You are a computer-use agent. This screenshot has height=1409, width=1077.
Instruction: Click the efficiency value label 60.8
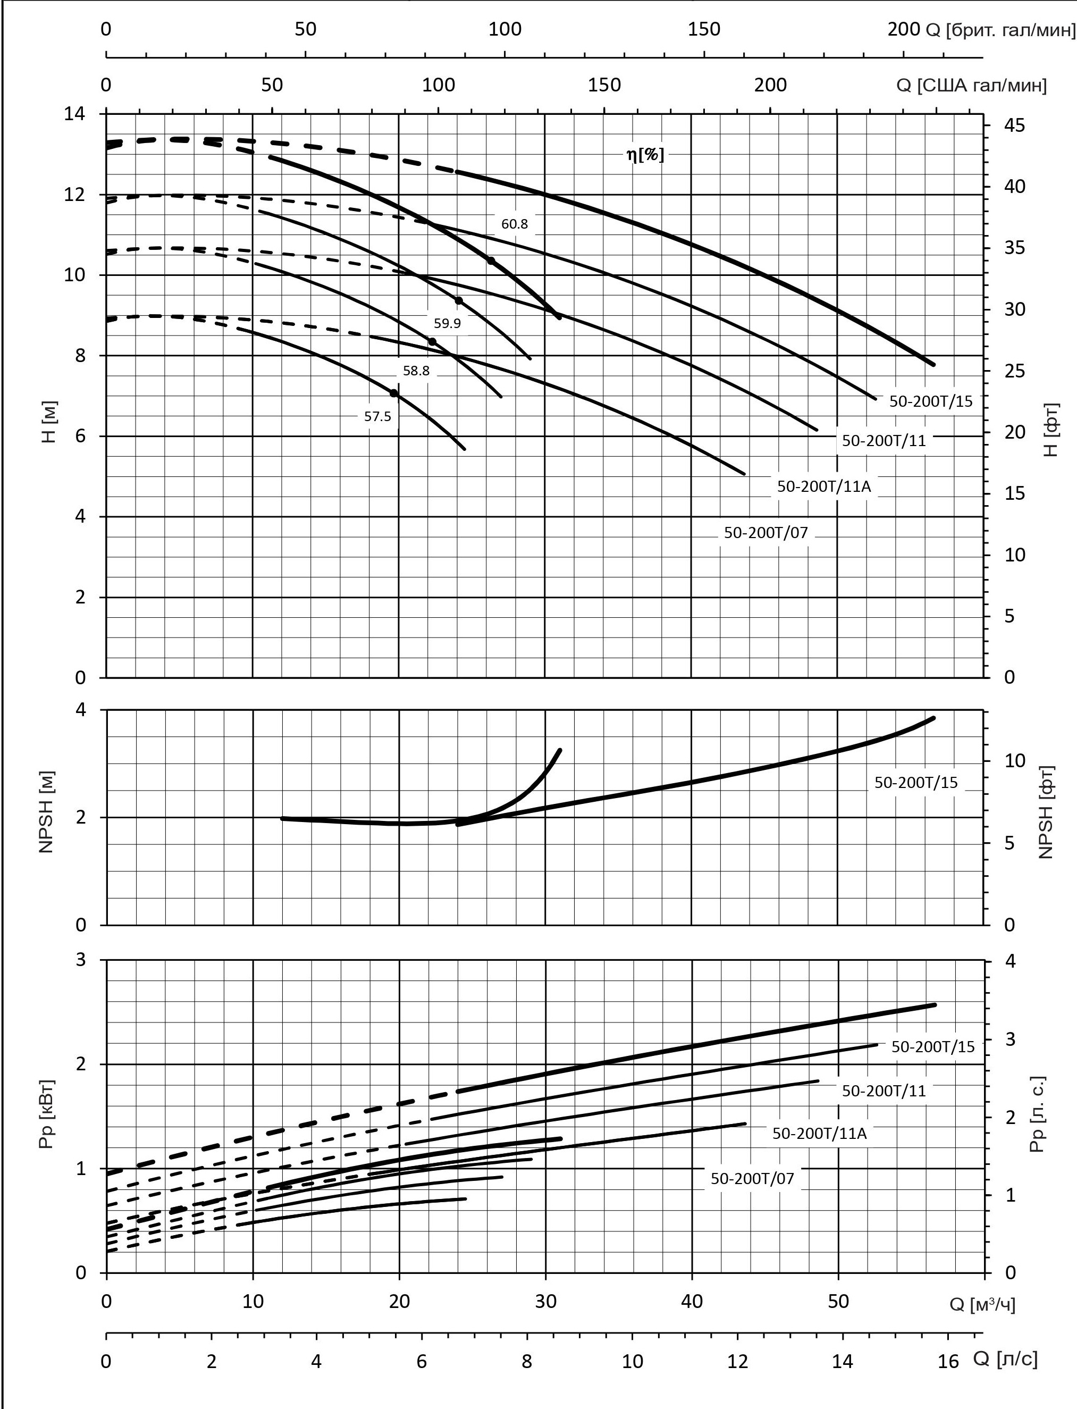[x=514, y=224]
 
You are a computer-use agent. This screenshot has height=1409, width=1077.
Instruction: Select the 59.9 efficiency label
[x=447, y=323]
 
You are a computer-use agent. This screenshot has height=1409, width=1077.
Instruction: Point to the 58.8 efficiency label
[x=416, y=371]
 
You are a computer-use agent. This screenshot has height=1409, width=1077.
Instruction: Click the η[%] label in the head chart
[x=645, y=155]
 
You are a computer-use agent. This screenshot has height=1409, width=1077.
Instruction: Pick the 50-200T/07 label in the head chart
[x=765, y=533]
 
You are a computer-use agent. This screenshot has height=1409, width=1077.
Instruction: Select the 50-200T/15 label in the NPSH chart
[x=915, y=783]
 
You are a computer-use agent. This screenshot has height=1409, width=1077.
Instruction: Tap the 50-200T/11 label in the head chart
[x=884, y=440]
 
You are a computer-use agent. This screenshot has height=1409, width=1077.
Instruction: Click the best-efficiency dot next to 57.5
[x=393, y=393]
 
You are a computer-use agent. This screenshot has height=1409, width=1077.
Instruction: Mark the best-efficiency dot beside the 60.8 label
[x=491, y=260]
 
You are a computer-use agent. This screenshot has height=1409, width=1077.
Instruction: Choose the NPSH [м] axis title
[x=46, y=811]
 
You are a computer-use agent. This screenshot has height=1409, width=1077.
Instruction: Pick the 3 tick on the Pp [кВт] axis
[x=81, y=960]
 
